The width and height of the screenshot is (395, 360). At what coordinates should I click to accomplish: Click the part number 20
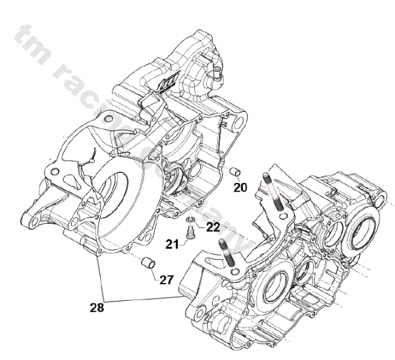tap(240, 188)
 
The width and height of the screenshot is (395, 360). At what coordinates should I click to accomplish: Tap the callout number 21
tap(172, 245)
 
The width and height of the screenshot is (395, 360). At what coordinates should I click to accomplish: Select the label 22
tap(212, 227)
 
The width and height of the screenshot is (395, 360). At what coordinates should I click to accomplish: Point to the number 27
tap(166, 280)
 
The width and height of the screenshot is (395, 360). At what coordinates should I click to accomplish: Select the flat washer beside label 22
tap(190, 219)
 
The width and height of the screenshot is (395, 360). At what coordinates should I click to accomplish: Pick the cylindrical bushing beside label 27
tap(148, 265)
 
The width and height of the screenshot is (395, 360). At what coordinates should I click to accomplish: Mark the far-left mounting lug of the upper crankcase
tap(27, 219)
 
